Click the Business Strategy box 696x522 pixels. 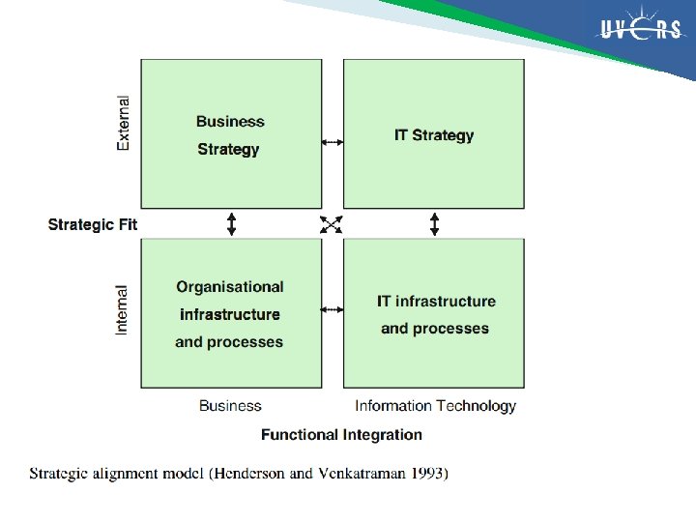[x=231, y=133]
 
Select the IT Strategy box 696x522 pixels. [x=434, y=133]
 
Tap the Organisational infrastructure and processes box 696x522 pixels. [x=231, y=313]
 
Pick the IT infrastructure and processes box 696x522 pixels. [x=434, y=313]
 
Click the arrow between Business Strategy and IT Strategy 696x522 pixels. [x=333, y=142]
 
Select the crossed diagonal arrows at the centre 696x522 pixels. [x=332, y=224]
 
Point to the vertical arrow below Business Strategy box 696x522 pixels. [x=231, y=224]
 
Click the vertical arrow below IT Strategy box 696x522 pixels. [x=434, y=224]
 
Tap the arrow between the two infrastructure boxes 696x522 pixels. [x=333, y=309]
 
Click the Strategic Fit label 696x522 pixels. [x=93, y=225]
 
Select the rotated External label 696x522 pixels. [x=123, y=123]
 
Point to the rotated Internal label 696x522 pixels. [x=123, y=309]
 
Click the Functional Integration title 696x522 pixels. [x=341, y=435]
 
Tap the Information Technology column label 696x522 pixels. [x=435, y=406]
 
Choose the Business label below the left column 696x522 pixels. [x=230, y=406]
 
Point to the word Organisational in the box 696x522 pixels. [x=230, y=287]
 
